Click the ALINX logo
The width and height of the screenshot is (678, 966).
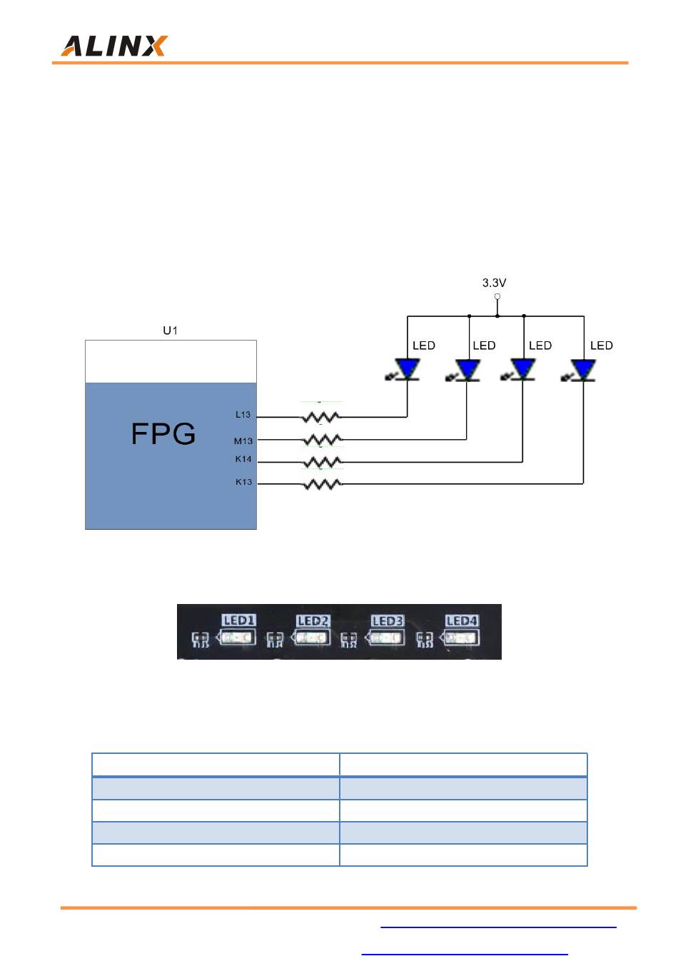[113, 46]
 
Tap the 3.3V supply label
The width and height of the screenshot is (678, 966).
[494, 283]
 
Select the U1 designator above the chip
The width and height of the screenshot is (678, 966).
[170, 331]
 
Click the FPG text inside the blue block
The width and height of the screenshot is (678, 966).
[163, 433]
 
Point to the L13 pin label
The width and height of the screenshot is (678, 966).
[243, 414]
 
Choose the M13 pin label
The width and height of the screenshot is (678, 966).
[243, 441]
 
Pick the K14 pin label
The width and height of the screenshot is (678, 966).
[243, 459]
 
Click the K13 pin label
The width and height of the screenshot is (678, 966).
[243, 482]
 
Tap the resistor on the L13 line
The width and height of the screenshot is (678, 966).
[320, 417]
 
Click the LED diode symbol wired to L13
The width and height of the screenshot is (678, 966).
[404, 370]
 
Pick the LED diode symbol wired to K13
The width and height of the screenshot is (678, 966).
[579, 371]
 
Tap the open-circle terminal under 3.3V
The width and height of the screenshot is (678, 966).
[497, 296]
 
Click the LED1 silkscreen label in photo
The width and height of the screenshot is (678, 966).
[239, 620]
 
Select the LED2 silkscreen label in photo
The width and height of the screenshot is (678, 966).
[313, 620]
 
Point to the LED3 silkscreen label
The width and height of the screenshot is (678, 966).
[388, 620]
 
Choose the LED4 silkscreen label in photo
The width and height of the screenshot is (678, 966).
[462, 620]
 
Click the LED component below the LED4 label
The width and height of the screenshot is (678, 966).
[460, 638]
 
